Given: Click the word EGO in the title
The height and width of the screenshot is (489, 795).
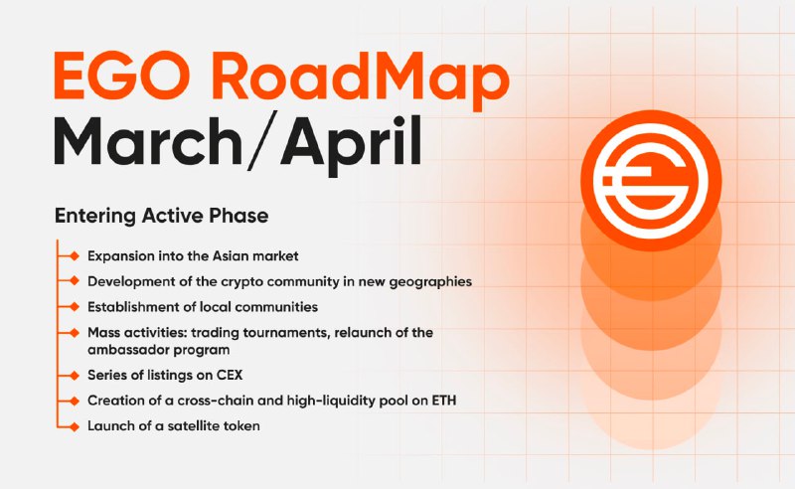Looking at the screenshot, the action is click(122, 76).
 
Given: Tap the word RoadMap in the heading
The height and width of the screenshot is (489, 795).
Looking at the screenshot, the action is click(361, 81).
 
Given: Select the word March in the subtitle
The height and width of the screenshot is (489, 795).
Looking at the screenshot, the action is click(148, 140).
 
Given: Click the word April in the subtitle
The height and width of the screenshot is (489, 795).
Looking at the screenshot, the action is click(351, 145).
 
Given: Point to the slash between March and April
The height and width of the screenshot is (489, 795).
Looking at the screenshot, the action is click(262, 139).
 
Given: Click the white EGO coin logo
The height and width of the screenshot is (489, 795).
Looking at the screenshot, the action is click(651, 181).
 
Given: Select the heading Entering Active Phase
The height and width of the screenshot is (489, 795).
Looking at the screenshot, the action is click(161, 216).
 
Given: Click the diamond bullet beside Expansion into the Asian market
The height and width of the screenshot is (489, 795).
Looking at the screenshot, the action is click(75, 255).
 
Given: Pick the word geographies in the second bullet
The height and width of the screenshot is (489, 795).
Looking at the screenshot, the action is click(430, 282).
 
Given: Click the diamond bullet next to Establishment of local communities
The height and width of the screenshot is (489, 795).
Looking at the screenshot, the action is click(75, 307).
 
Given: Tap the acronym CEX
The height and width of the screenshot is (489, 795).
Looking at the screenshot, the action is click(230, 375).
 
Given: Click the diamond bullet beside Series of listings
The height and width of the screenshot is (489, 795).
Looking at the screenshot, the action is click(75, 376).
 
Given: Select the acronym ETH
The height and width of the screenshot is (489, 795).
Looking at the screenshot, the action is click(444, 401).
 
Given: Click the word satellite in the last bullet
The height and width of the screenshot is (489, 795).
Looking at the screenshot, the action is click(195, 425).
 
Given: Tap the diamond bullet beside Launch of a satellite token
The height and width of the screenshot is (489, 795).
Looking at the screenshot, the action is click(75, 426).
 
